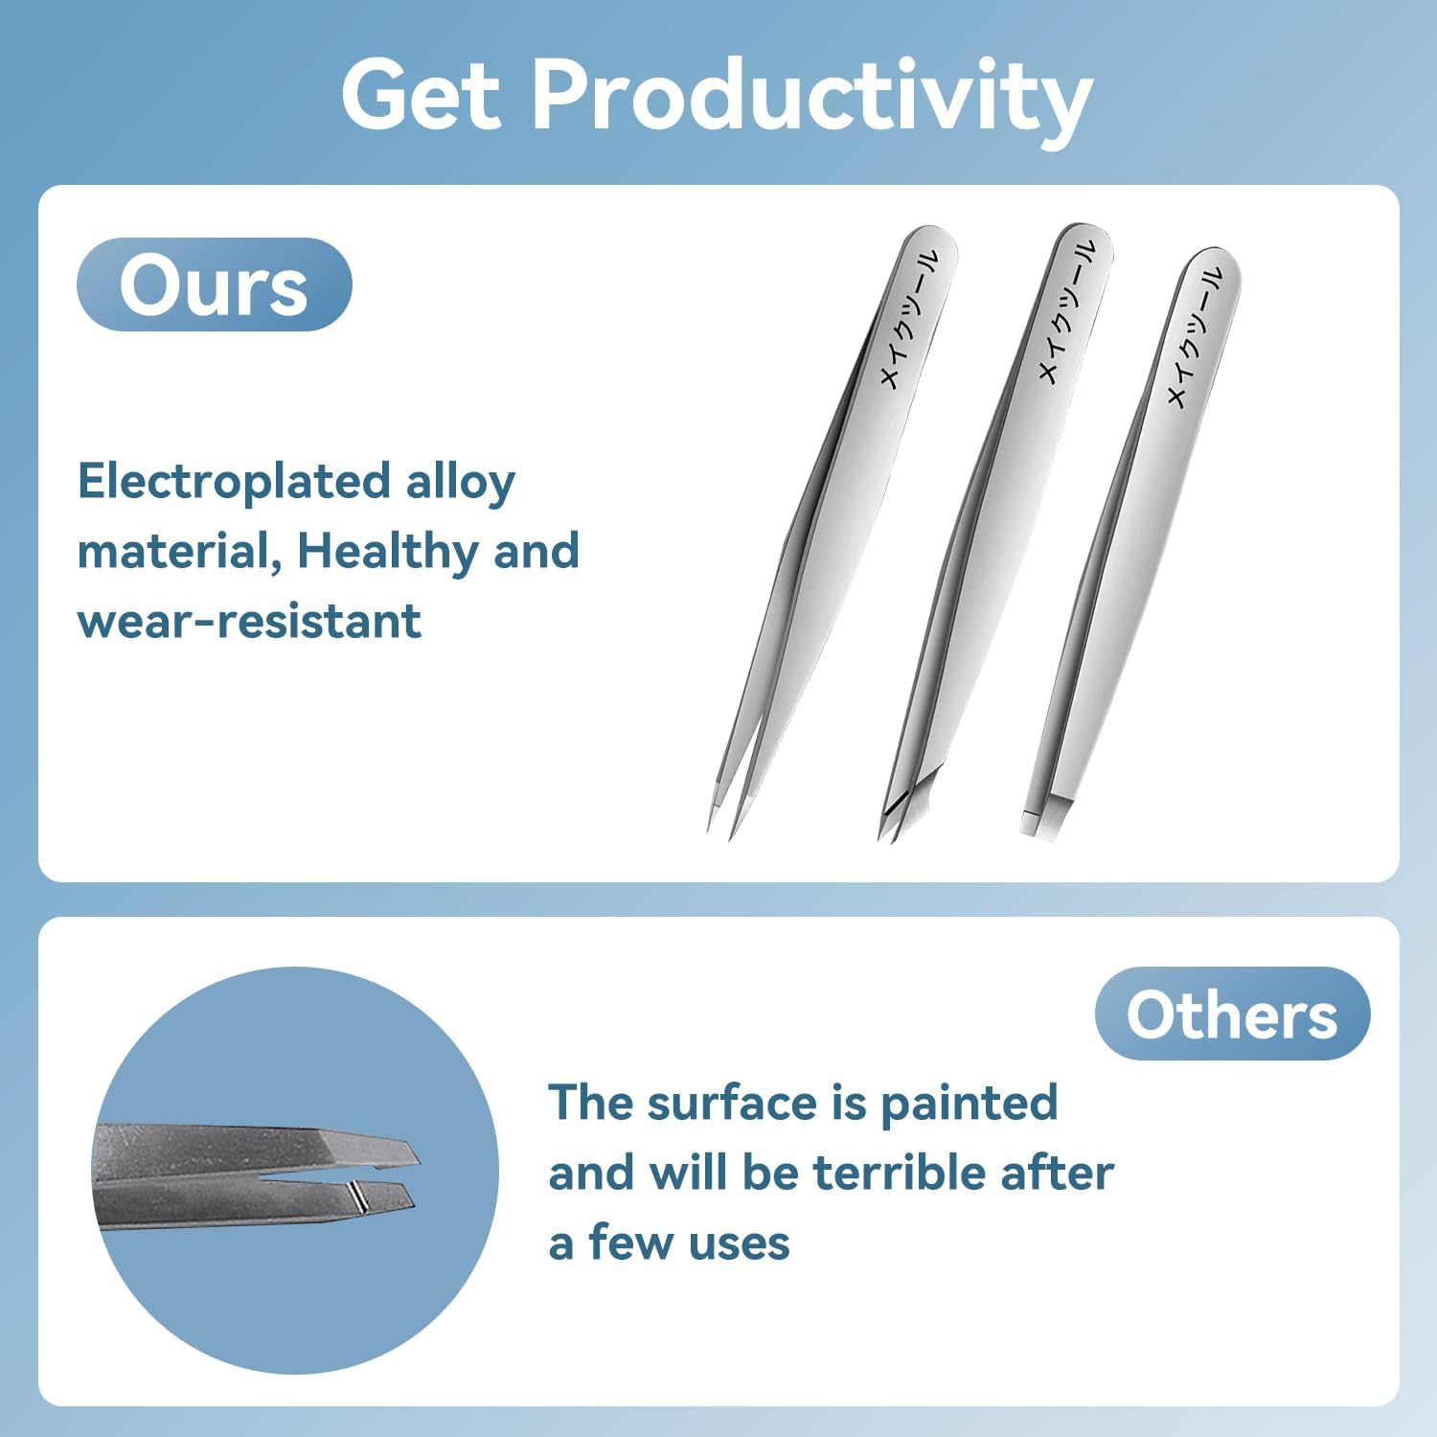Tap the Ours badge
tap(214, 285)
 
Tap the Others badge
tap(1231, 1014)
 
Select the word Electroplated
tap(234, 481)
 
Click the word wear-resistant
tap(249, 621)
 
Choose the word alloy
tap(460, 482)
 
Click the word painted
tap(969, 1103)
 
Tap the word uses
tap(739, 1243)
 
